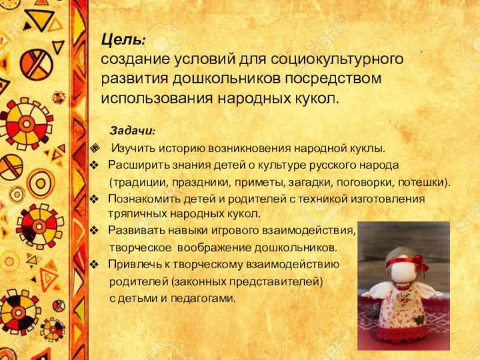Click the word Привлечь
(132, 264)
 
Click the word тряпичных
(133, 214)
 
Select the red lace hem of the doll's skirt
(402, 333)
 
